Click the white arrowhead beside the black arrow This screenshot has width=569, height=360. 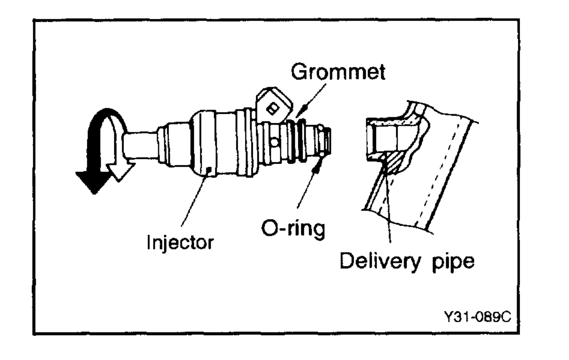point(119,172)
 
